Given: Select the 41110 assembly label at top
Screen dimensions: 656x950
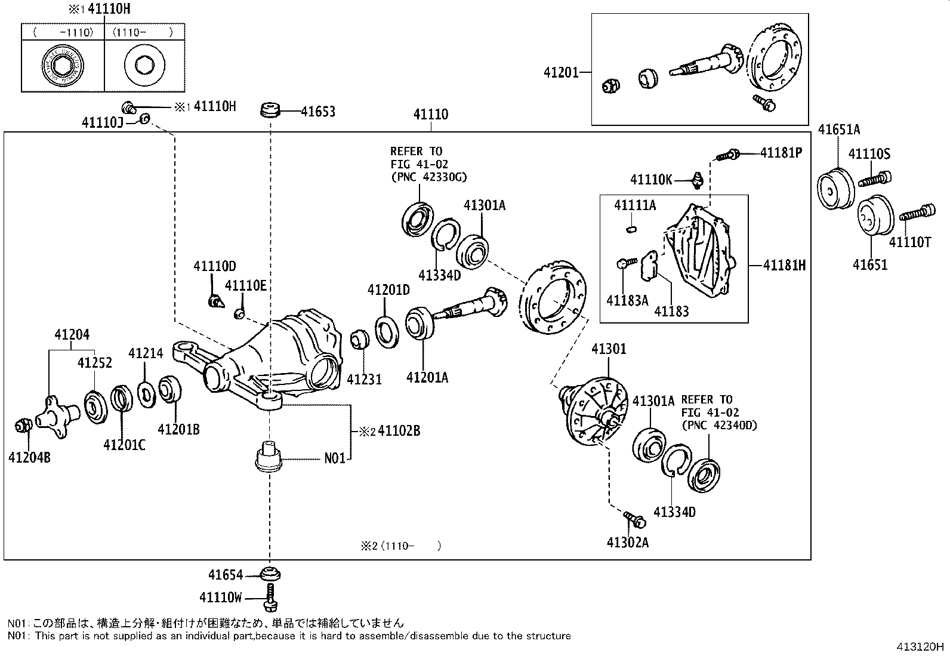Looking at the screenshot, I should (430, 114).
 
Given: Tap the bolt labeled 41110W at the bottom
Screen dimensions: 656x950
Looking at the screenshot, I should (271, 598).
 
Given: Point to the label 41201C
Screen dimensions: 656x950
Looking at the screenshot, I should (124, 445).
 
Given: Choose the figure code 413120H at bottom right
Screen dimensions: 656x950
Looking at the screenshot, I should (920, 647).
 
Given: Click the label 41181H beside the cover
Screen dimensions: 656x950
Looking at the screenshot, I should (784, 265).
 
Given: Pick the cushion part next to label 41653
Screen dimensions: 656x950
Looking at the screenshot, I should (270, 111).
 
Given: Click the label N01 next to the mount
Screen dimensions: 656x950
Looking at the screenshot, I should (335, 459).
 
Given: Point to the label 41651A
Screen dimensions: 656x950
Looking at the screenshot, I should (838, 130).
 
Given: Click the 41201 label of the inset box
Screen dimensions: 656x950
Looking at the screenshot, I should (561, 72).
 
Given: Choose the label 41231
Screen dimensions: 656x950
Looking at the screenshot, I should (365, 379).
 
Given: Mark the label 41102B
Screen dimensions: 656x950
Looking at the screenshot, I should (399, 430).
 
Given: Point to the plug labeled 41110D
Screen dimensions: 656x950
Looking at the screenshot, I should (215, 301).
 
